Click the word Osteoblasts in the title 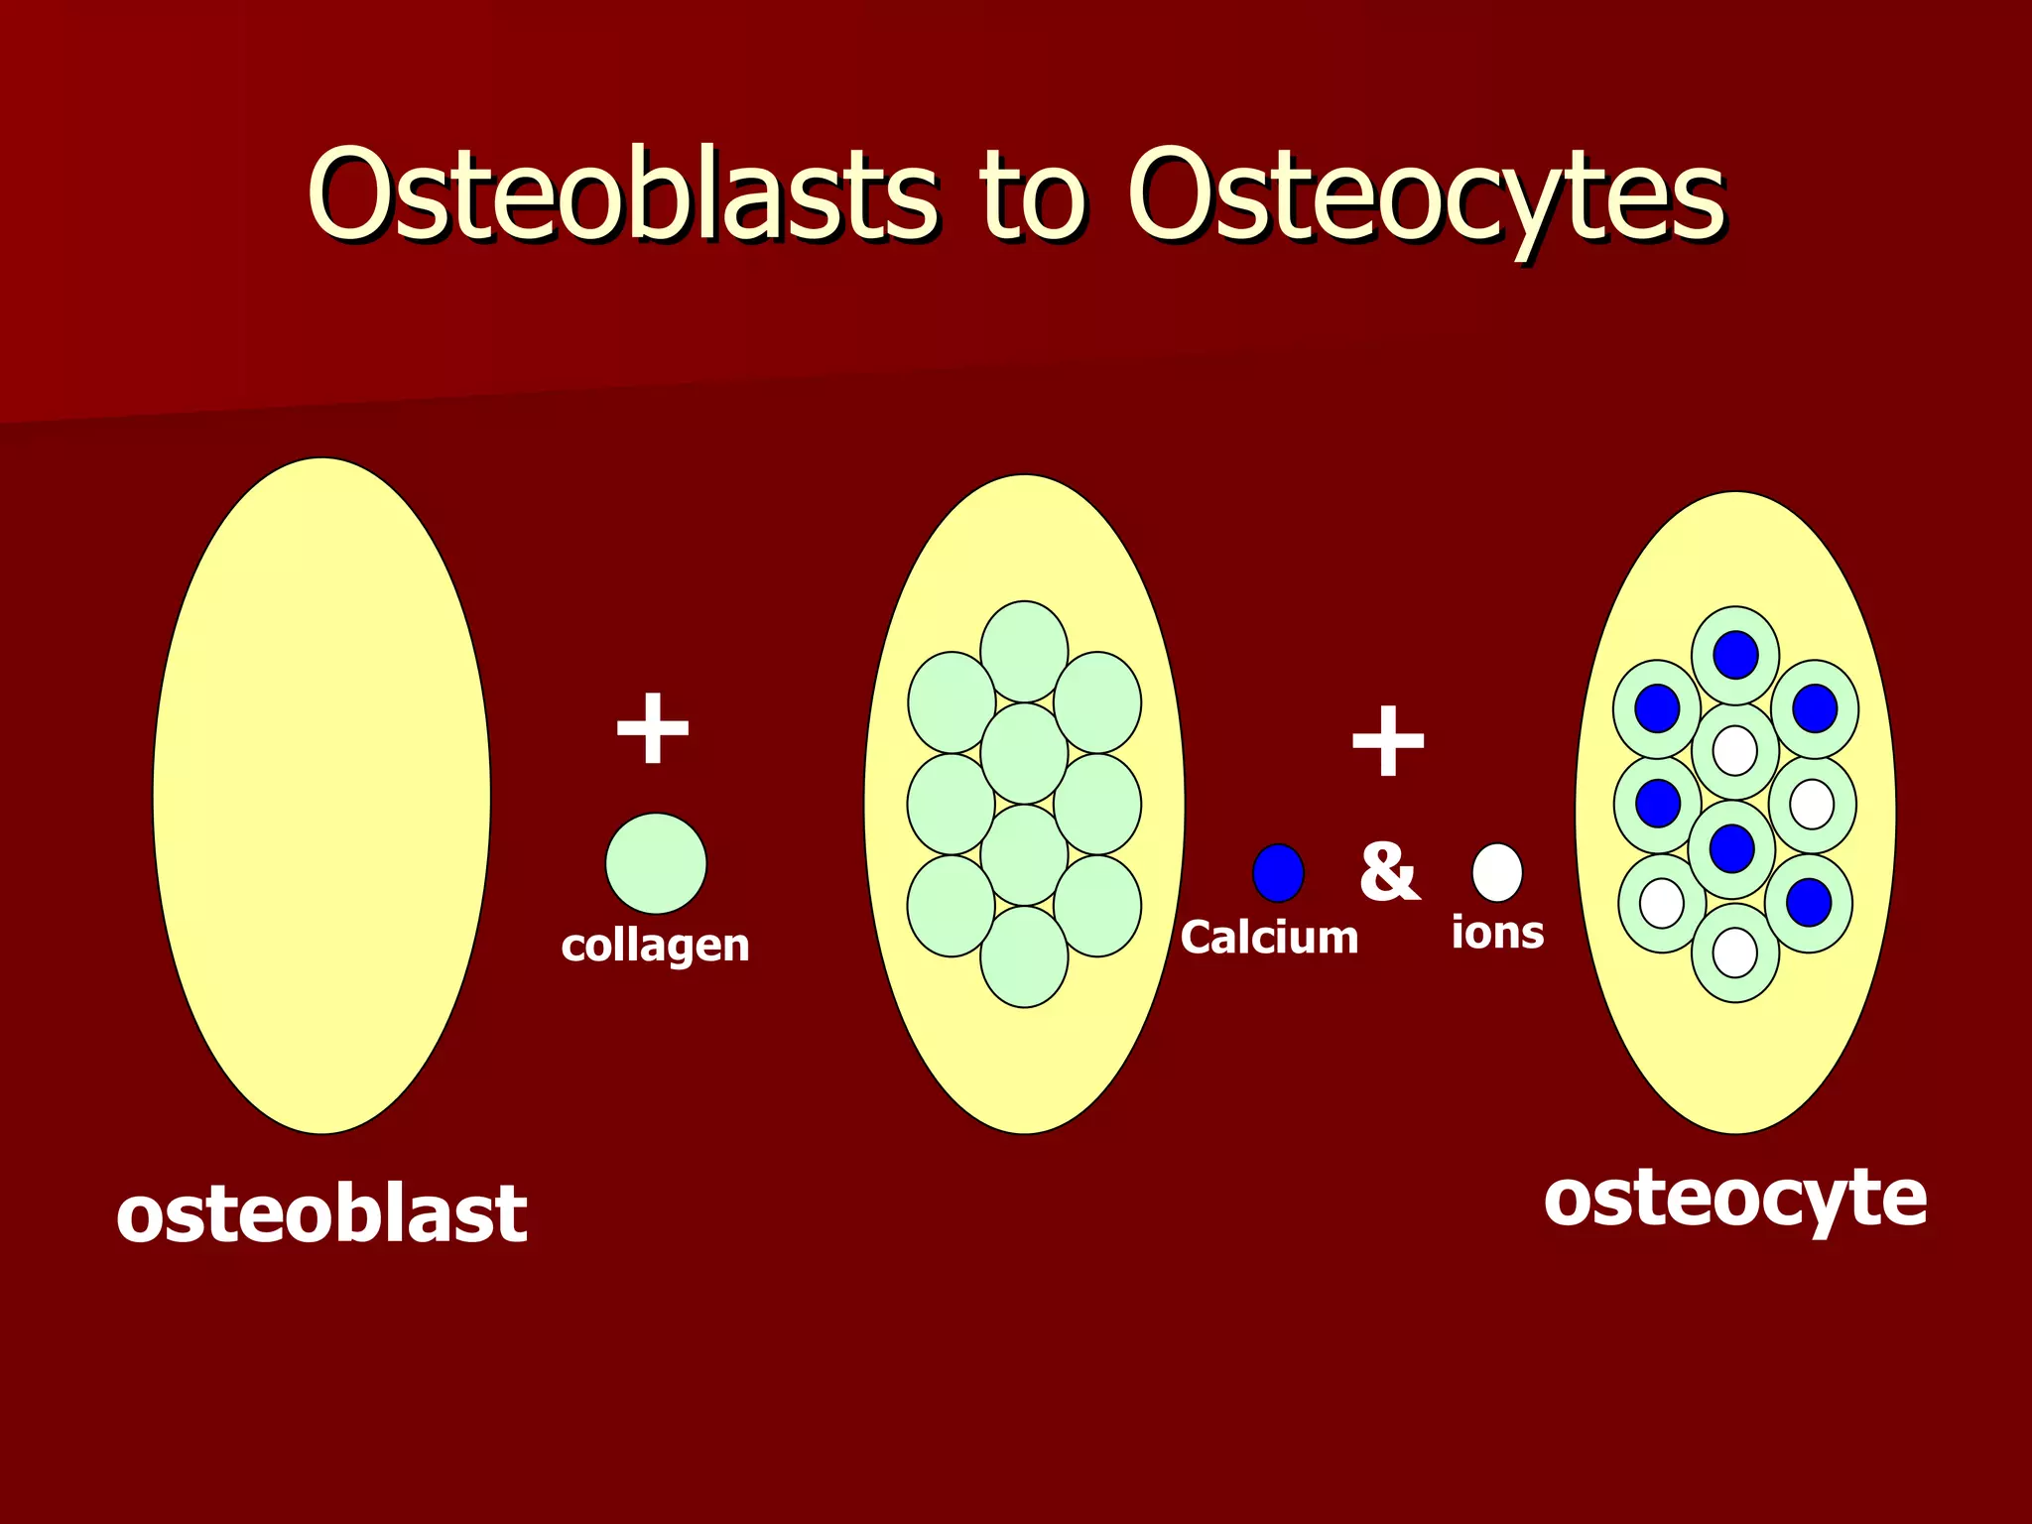pos(622,194)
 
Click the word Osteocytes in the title pos(1427,196)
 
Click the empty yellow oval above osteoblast pos(321,794)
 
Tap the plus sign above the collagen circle pos(652,729)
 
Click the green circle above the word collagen pos(656,863)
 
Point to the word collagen pos(655,946)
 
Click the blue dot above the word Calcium pos(1278,873)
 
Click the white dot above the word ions pos(1497,872)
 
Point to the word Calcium pos(1269,938)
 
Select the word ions pos(1497,933)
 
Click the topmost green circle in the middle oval pos(1024,651)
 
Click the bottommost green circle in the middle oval pos(1024,956)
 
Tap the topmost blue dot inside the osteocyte pos(1735,655)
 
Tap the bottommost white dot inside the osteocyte pos(1735,952)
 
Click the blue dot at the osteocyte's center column pos(1732,848)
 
